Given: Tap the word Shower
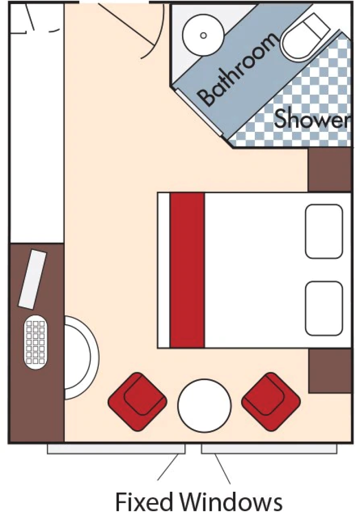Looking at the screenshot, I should click(x=311, y=119).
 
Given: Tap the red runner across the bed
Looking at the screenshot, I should click(x=187, y=270).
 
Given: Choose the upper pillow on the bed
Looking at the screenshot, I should click(x=324, y=231).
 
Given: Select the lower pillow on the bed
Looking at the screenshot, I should click(x=324, y=308).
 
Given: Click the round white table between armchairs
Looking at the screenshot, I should click(x=204, y=405).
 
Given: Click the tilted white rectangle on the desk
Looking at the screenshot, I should click(x=32, y=279).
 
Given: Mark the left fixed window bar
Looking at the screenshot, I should click(x=116, y=449).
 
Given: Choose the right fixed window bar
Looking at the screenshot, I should click(x=269, y=449).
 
